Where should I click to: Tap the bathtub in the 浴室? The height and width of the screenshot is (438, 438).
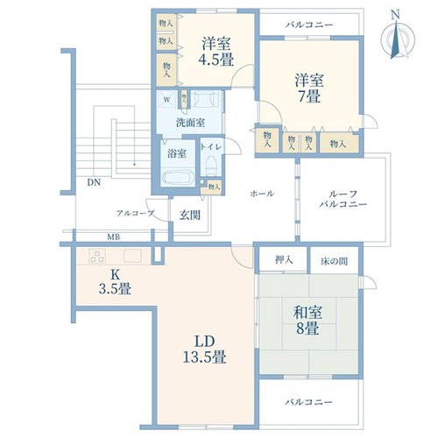point(178,177)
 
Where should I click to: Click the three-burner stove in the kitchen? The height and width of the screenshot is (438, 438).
point(97,257)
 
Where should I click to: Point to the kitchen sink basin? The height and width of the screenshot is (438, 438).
point(132,256)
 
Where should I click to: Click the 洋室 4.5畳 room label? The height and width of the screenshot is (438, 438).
point(216,52)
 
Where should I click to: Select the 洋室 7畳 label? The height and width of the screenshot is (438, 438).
point(309,88)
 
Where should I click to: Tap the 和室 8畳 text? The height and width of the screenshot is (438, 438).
point(307,321)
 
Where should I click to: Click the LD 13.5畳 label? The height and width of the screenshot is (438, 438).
point(204,349)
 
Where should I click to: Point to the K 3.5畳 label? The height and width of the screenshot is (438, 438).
point(115,282)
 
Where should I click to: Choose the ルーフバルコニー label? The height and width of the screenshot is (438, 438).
point(343,199)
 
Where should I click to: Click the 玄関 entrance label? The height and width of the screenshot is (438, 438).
point(190,215)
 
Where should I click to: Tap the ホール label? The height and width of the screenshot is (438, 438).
point(262,194)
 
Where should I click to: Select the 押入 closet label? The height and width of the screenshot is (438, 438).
point(284,259)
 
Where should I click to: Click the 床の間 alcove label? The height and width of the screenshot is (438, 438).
point(334,261)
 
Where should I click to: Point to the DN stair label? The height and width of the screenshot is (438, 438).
point(94,182)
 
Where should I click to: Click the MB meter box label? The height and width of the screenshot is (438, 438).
point(114,237)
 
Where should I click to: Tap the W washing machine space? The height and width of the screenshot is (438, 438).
point(166,100)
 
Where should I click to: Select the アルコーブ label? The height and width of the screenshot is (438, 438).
point(135,214)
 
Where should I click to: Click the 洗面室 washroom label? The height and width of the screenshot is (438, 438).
point(190,123)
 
